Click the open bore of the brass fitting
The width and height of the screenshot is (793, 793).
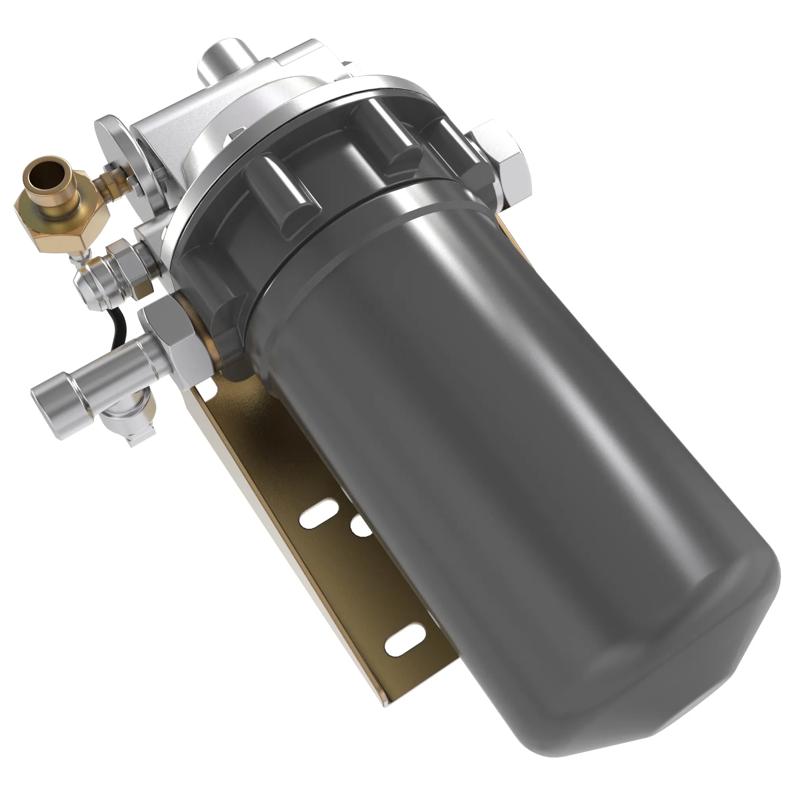click(x=49, y=173)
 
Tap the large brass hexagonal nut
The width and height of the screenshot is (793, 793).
click(x=61, y=224)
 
